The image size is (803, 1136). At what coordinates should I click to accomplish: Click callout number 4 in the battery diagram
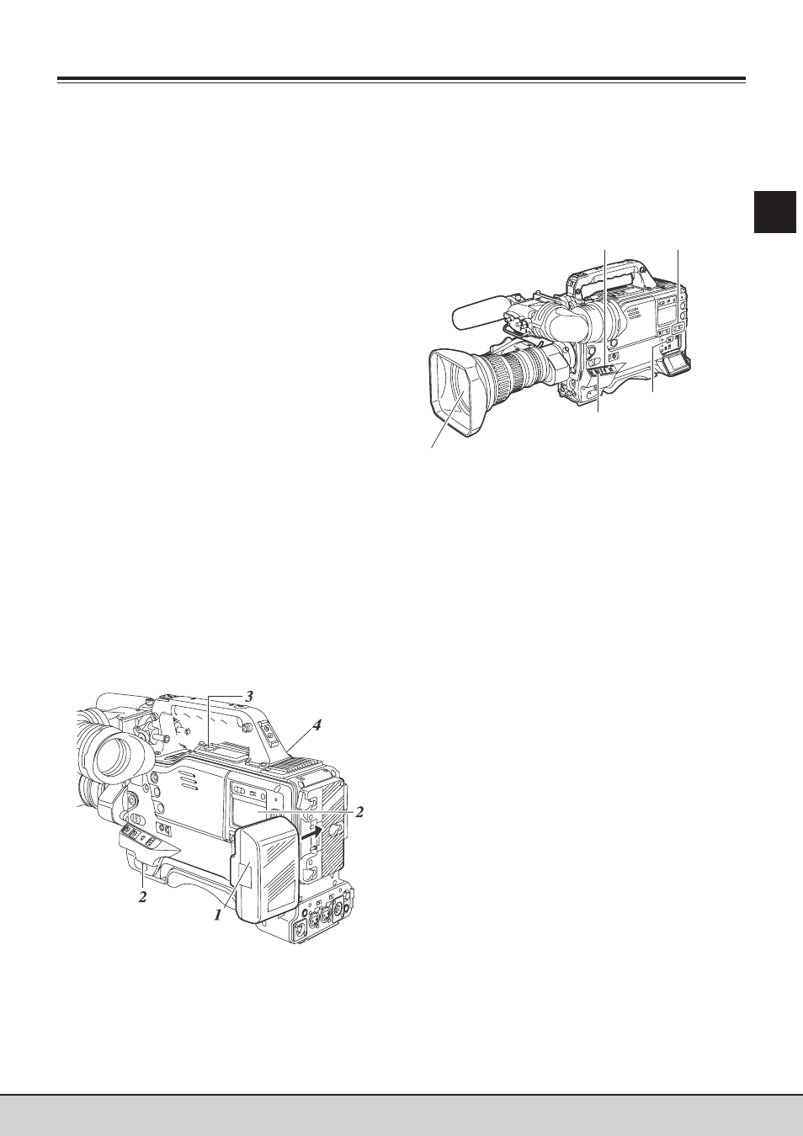(x=316, y=725)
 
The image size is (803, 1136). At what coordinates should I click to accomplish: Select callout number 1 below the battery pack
(x=218, y=915)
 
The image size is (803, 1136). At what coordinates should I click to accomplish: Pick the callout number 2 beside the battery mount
(x=359, y=812)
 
